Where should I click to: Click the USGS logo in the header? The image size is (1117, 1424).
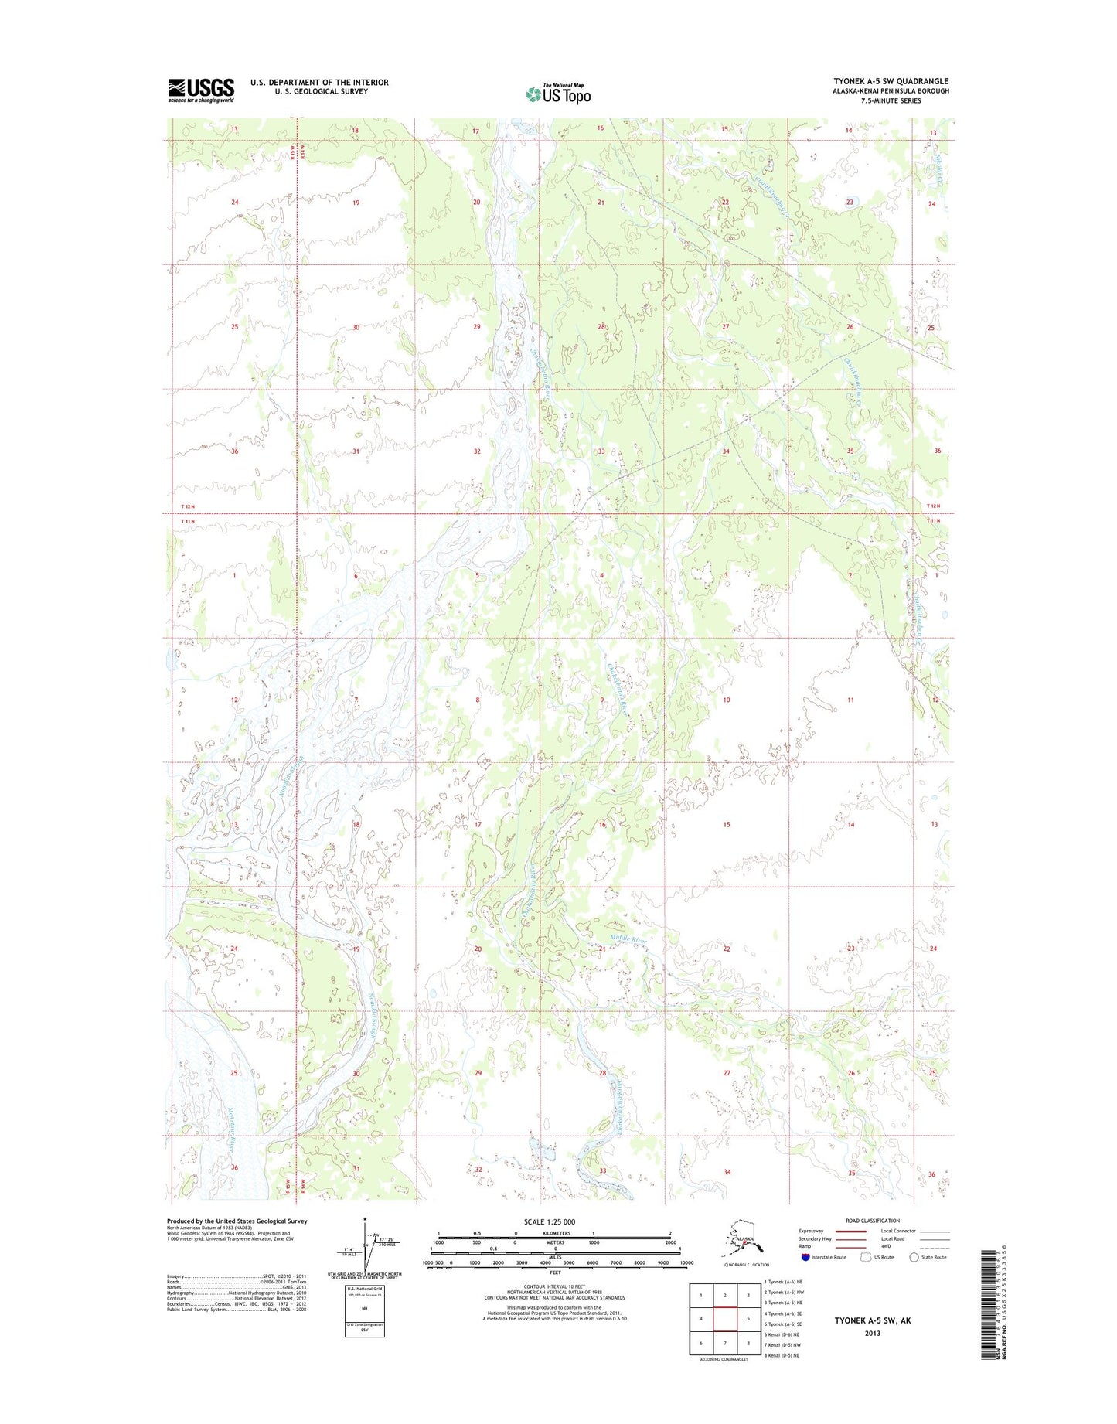201,90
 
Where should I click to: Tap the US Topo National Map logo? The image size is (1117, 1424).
558,94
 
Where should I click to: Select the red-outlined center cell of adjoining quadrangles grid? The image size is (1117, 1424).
724,1318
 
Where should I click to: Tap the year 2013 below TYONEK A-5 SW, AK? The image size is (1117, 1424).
872,1334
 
